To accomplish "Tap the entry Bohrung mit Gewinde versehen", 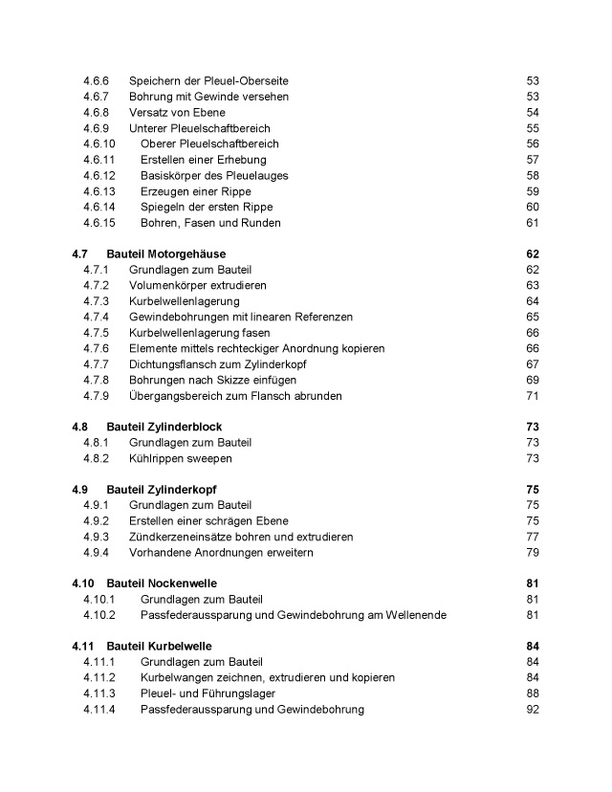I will point(208,97).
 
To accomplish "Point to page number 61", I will point(533,223).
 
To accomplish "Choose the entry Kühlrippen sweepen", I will point(181,458).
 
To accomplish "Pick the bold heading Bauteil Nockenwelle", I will point(163,583).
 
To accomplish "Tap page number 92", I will point(533,709).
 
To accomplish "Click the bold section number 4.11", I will point(82,647).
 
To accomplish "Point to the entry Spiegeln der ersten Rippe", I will point(206,208).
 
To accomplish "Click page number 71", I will point(533,396).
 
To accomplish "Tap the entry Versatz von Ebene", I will point(177,113).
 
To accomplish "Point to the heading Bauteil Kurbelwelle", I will point(160,647).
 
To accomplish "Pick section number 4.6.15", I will point(98,223).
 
